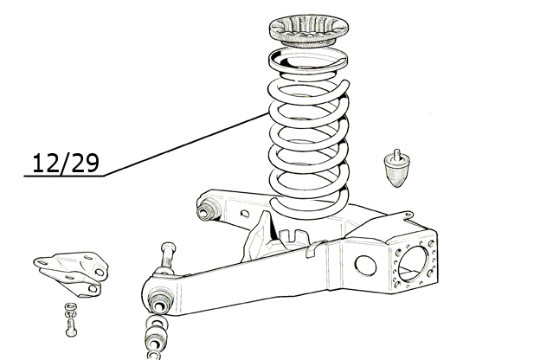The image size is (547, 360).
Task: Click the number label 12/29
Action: pos(66,163)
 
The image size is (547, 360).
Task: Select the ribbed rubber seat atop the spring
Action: pos(309,30)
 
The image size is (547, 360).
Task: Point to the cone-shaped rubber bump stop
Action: pos(397,170)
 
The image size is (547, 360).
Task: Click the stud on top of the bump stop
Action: pos(396,154)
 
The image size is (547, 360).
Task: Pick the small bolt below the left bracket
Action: pos(71,328)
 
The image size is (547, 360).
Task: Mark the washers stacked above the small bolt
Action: pos(71,310)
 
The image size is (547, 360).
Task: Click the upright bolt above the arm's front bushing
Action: pos(168,256)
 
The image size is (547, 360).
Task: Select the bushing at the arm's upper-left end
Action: pos(208,209)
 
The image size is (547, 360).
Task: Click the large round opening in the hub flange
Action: pos(413,263)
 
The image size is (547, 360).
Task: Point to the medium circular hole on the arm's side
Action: pos(365,266)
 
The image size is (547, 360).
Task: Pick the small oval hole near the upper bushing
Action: pos(245,214)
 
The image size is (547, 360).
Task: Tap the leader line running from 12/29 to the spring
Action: pos(186,145)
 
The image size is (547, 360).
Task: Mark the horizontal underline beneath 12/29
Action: pos(63,177)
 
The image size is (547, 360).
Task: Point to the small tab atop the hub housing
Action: pos(408,215)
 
